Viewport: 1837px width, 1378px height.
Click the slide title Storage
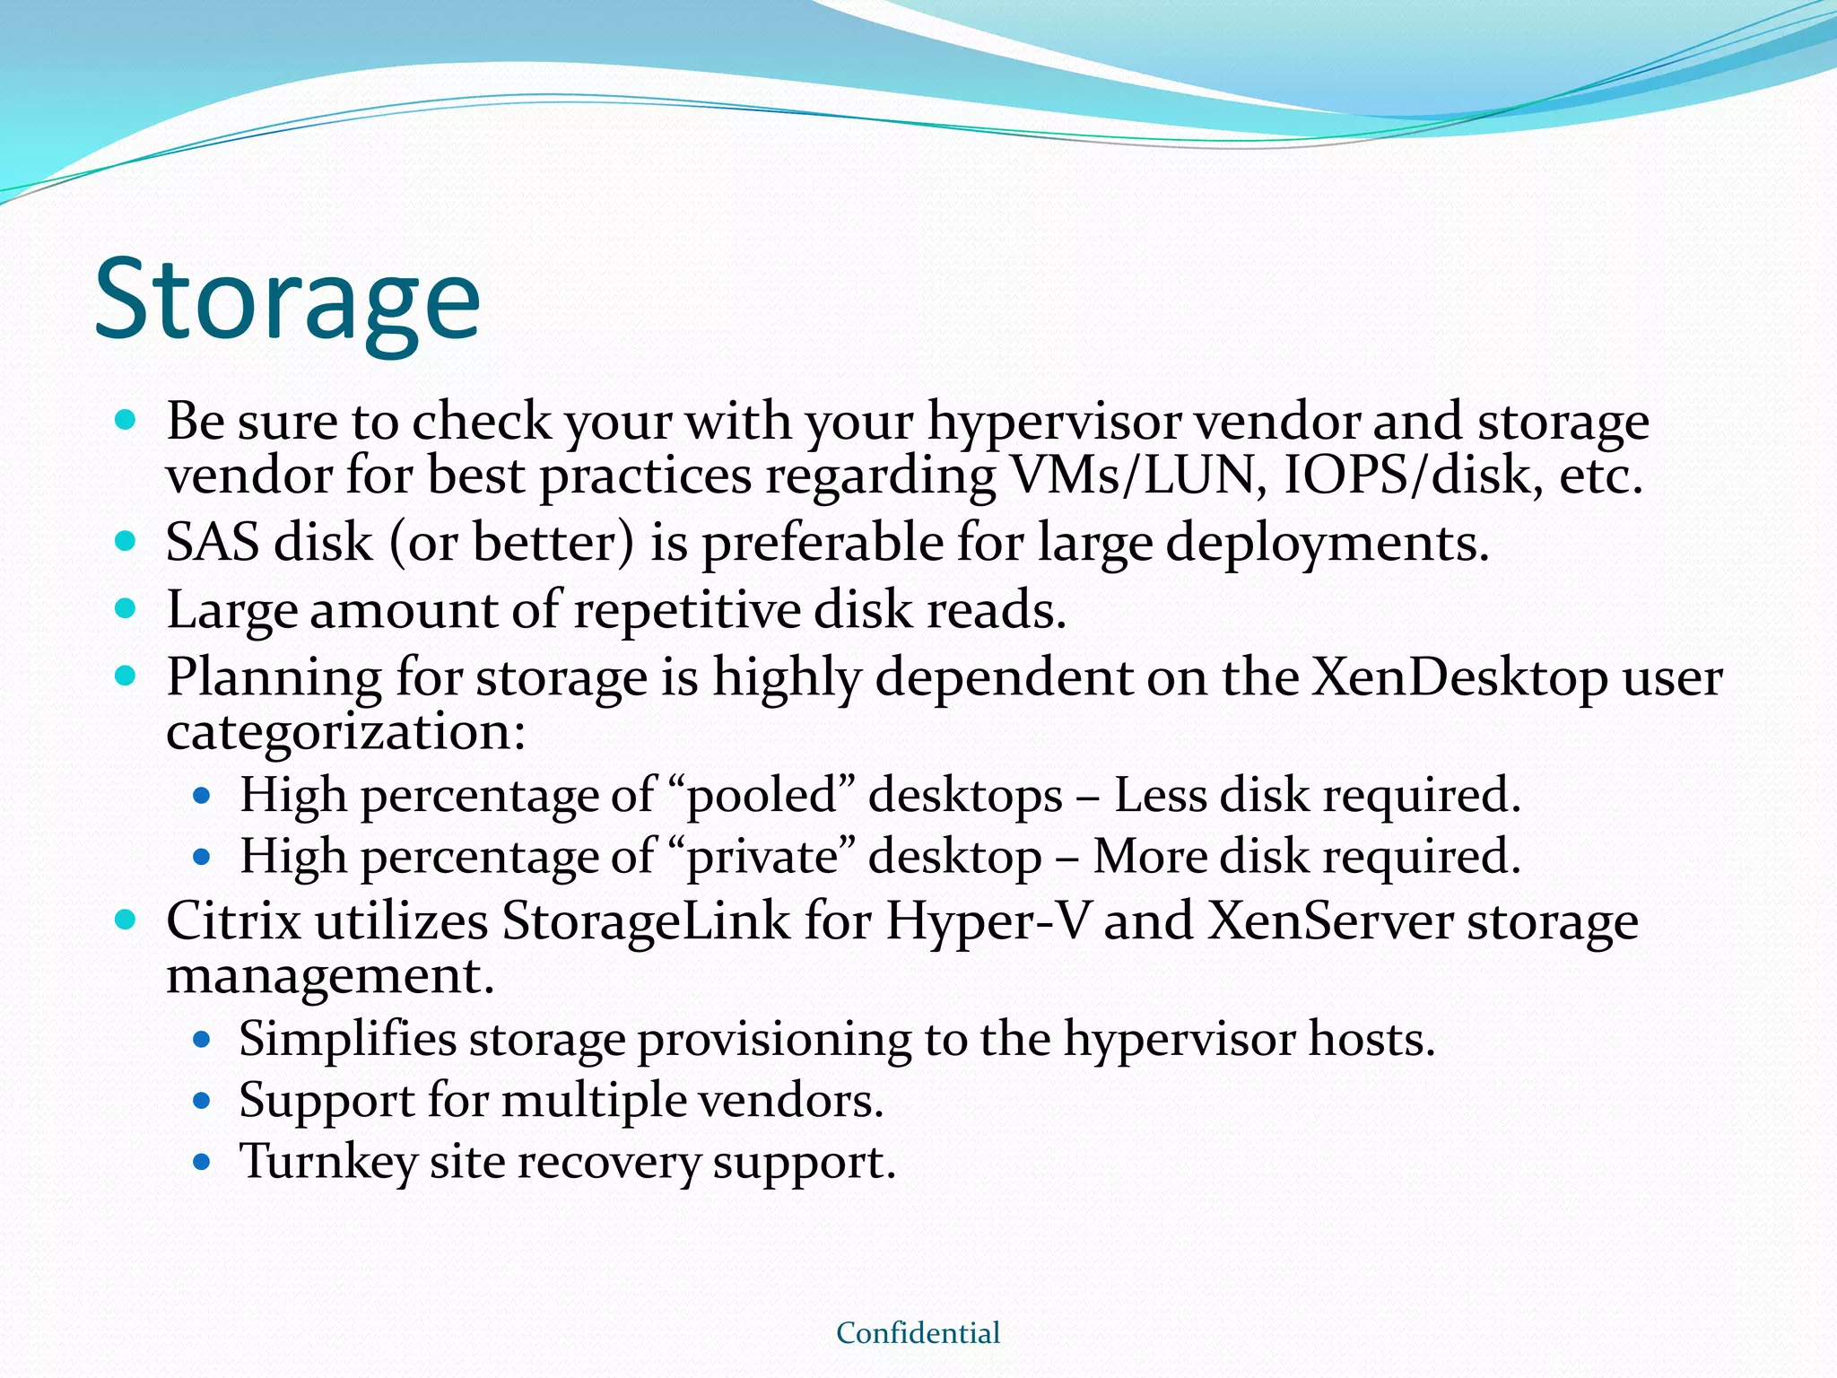tap(287, 301)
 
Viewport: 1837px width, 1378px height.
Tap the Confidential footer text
tap(918, 1333)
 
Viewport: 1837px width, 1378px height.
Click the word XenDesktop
tap(1459, 678)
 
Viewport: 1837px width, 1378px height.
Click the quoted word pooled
tap(762, 797)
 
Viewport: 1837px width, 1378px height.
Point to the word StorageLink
tap(646, 922)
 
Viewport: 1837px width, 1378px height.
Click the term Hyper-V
tap(987, 922)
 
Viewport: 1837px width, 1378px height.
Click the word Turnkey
tap(328, 1162)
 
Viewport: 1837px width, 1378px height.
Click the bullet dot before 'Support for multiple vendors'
tap(202, 1101)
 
